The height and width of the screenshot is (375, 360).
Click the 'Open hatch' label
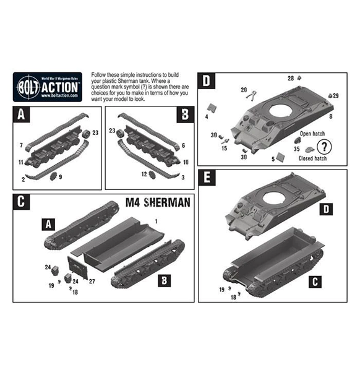click(312, 133)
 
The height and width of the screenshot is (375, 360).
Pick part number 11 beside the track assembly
click(20, 162)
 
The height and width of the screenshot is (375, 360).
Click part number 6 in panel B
click(184, 145)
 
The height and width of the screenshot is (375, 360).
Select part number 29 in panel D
click(336, 96)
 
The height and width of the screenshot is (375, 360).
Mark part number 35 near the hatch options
click(296, 149)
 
